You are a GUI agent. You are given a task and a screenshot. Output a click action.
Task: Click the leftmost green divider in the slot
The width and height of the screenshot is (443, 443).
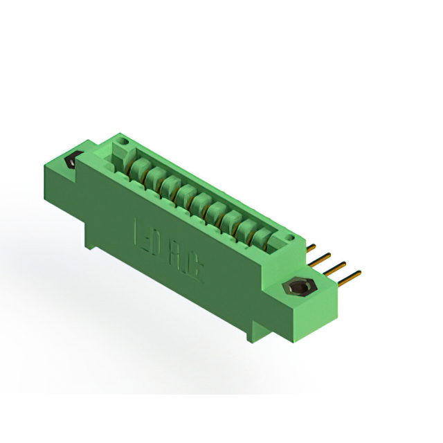[136, 167]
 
